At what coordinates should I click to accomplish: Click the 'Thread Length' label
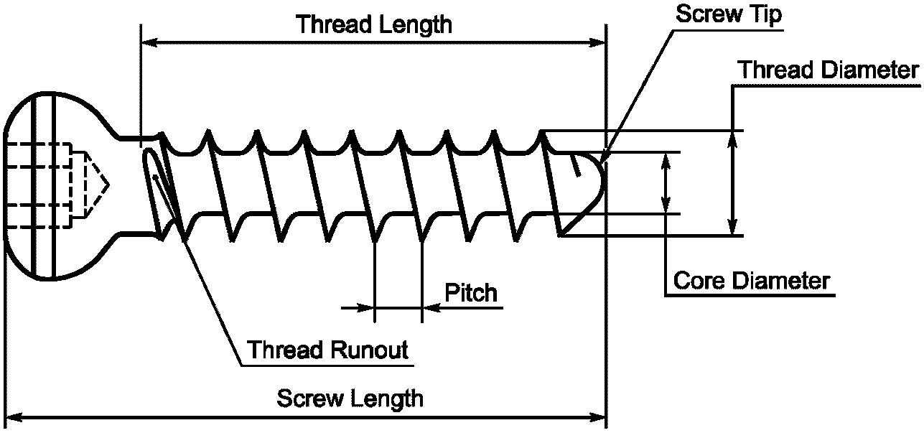375,24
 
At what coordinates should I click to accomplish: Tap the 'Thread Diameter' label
829,70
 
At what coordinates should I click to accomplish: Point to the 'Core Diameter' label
751,280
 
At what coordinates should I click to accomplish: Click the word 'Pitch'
470,293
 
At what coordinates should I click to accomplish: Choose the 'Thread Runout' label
328,350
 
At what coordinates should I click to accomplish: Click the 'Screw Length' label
350,398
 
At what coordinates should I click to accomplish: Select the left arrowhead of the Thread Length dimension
148,43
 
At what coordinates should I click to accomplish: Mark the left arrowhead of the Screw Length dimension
11,416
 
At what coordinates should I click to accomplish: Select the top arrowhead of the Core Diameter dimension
667,159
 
